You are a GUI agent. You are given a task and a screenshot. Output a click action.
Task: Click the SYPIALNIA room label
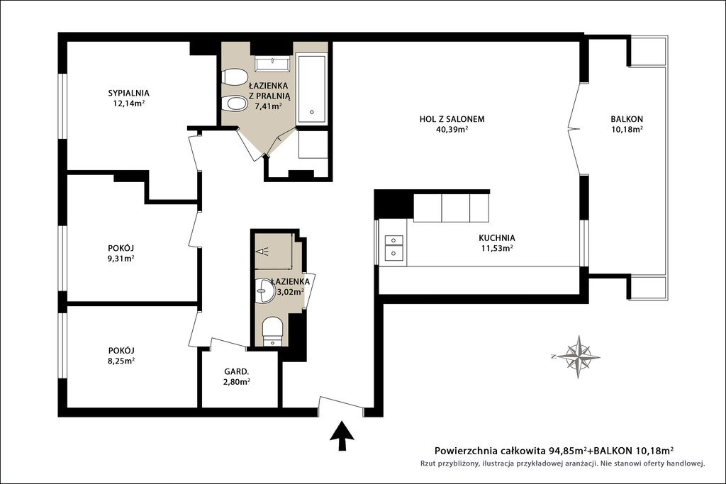129,93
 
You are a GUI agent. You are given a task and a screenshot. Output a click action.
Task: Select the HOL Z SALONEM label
452,119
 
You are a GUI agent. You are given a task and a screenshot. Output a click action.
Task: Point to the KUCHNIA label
497,238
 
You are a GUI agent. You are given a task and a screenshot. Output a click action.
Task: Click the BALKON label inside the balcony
627,119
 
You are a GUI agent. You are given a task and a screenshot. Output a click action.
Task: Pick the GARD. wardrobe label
237,371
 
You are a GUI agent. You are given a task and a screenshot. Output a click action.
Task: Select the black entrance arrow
342,435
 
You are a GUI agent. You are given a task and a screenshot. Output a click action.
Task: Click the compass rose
579,356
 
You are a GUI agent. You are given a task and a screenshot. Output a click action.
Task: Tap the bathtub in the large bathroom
312,89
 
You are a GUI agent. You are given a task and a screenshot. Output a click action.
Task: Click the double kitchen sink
393,246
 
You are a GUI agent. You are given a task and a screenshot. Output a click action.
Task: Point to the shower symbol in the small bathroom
265,251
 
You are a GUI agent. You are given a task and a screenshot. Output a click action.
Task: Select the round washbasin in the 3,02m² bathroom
264,291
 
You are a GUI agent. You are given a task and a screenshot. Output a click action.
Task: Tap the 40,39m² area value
452,130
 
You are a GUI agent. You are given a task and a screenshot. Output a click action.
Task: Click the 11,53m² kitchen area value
497,249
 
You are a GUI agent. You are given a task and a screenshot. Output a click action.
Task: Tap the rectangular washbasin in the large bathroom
272,64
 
